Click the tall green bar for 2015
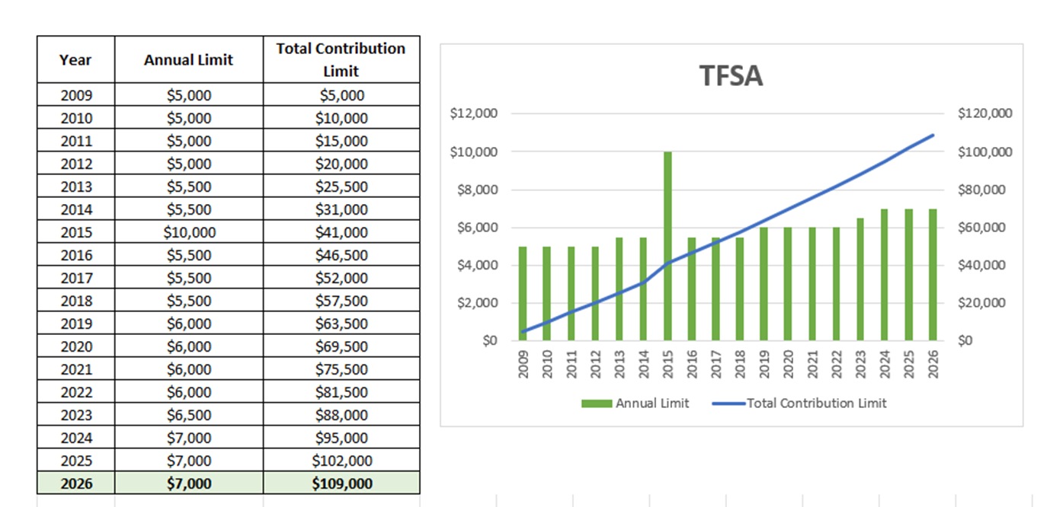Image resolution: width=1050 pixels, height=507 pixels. [x=667, y=246]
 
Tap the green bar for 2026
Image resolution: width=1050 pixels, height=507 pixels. [x=933, y=274]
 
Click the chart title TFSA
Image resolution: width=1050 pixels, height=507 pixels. [x=731, y=76]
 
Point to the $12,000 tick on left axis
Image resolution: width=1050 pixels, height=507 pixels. [x=473, y=114]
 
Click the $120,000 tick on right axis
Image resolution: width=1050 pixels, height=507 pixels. [x=985, y=114]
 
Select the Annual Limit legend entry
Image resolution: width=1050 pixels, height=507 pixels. [x=635, y=403]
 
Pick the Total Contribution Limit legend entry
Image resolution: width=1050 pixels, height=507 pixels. [x=800, y=403]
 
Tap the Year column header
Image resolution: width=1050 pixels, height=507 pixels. [x=75, y=59]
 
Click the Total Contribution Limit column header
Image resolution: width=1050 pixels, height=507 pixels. [x=341, y=59]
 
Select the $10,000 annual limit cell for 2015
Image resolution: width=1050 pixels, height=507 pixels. [x=189, y=232]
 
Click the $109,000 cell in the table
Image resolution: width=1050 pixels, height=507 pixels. [x=341, y=483]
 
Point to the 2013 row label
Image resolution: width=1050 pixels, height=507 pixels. [x=75, y=187]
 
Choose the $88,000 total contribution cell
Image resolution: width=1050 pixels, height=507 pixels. [x=341, y=415]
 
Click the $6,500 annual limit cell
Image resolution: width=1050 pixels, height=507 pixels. [x=189, y=415]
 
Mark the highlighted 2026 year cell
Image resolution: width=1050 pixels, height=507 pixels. [x=75, y=483]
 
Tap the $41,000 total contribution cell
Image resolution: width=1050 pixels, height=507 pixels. [x=341, y=232]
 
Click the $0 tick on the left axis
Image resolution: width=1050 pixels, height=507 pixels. [x=490, y=340]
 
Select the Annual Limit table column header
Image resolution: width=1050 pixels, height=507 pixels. [x=189, y=59]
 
